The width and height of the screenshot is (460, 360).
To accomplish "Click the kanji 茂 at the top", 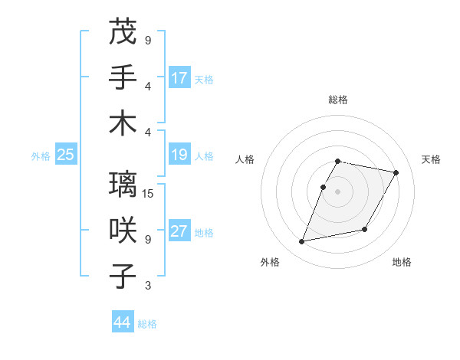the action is [123, 31].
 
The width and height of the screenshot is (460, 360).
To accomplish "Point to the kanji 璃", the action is [123, 185].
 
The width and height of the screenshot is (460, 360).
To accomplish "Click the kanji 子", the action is [123, 276].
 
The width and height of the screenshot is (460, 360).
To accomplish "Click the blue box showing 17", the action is [179, 78].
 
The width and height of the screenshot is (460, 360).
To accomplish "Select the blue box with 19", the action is [179, 155].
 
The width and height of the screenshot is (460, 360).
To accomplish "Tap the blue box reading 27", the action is [179, 232].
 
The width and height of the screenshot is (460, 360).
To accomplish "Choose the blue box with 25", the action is [65, 155].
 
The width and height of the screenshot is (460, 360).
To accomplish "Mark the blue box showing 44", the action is [122, 323].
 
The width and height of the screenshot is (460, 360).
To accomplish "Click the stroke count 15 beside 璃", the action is [149, 193].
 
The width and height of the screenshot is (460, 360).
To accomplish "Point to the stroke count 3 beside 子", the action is [148, 286].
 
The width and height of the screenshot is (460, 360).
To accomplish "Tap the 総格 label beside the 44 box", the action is [147, 324].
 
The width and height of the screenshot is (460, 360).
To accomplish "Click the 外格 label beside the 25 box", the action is [41, 156].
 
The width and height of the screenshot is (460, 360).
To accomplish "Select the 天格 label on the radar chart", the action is [431, 159].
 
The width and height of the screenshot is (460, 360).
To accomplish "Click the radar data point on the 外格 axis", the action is [302, 242].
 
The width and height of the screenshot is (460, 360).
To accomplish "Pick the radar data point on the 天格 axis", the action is [396, 173].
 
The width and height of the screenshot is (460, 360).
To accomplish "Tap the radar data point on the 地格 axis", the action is [365, 230].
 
